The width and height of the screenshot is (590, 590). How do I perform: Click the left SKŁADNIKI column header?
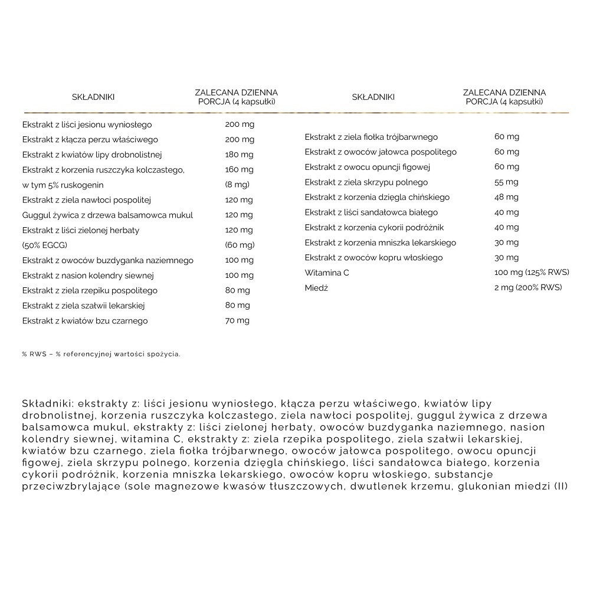93,97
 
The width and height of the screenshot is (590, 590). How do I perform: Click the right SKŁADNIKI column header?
373,97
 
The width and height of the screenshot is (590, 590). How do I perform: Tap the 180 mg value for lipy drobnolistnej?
240,155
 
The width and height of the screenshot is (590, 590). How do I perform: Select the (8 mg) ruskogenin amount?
238,185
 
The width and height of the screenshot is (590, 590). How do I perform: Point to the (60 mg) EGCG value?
240,245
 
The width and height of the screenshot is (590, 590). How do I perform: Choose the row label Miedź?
316,287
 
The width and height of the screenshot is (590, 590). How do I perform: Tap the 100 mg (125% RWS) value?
531,273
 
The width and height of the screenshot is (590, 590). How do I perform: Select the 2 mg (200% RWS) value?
528,287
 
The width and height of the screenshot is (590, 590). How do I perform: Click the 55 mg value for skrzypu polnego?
506,182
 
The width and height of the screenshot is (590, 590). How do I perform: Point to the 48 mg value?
506,197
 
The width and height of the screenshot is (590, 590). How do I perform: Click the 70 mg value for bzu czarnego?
237,320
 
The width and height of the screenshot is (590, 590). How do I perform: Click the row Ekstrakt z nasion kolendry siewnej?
88,275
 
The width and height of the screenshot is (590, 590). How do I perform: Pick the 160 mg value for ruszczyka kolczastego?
240,170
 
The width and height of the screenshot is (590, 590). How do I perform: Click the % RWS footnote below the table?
101,354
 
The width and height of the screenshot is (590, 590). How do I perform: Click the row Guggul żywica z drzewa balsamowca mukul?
107,215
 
